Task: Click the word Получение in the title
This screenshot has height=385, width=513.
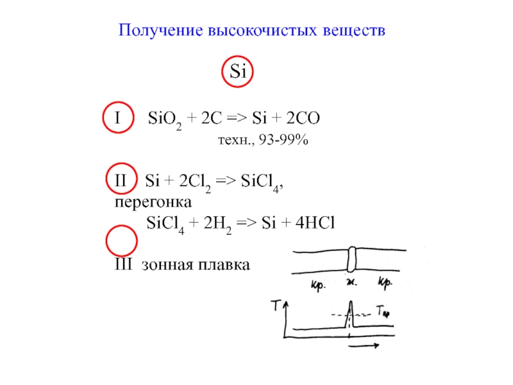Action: click(x=159, y=31)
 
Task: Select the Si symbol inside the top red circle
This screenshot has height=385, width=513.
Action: click(x=238, y=71)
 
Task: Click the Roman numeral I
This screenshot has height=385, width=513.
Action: click(x=117, y=119)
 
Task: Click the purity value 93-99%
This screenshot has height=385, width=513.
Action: click(x=283, y=141)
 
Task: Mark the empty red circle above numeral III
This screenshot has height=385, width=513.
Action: click(x=121, y=241)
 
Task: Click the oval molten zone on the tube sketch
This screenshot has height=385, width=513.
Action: click(x=351, y=260)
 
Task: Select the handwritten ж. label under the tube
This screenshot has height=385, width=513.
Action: click(x=351, y=283)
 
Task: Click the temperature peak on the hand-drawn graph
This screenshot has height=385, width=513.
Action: click(x=349, y=309)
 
